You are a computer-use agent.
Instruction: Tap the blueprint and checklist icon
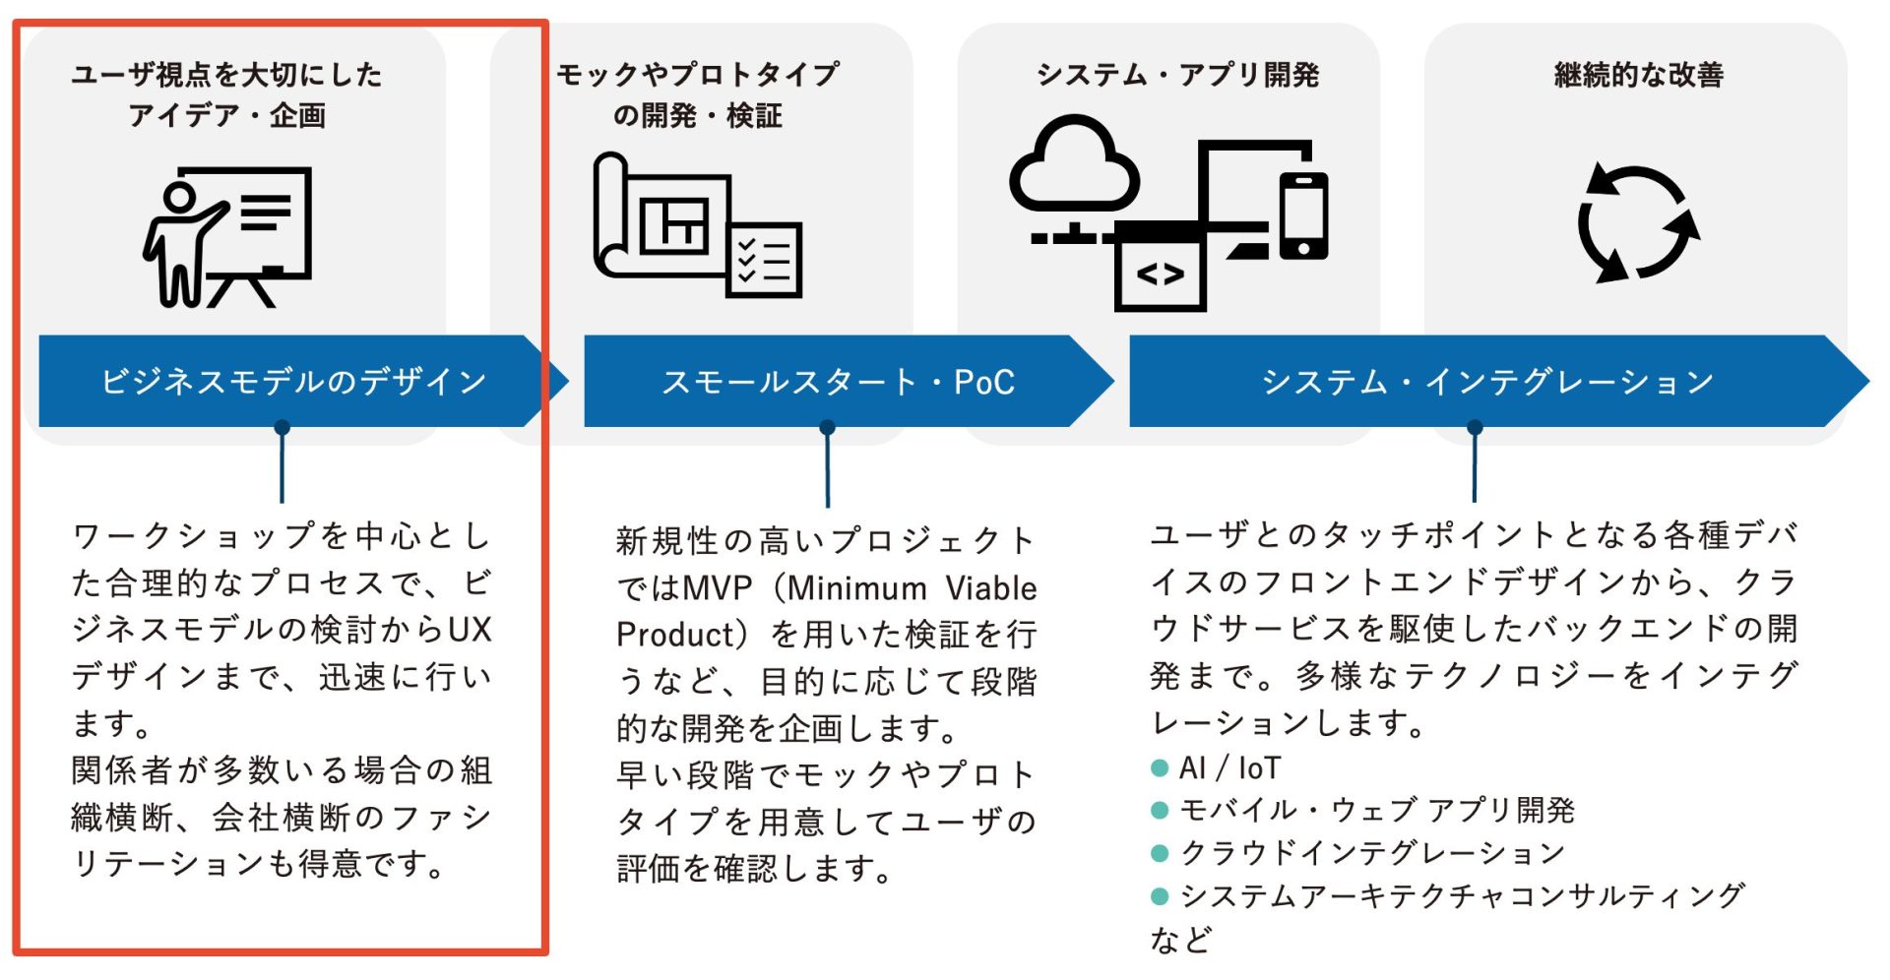697,225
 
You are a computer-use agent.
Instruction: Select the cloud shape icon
1074,165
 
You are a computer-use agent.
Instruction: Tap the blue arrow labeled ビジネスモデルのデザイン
293,381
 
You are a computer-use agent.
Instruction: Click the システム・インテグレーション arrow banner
1487,381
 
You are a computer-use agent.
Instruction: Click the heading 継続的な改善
1638,75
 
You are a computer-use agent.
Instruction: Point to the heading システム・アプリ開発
1177,75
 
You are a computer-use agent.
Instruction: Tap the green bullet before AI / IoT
1160,767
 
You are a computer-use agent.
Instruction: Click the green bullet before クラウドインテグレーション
1160,853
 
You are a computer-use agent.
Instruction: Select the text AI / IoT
1230,767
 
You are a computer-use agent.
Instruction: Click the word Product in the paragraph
675,635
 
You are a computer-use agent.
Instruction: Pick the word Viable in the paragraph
990,588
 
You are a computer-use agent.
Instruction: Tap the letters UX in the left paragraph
470,629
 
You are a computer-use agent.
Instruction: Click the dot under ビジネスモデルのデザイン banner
283,427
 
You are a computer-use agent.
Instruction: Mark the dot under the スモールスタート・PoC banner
827,427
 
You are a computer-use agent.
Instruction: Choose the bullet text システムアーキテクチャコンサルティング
1462,895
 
